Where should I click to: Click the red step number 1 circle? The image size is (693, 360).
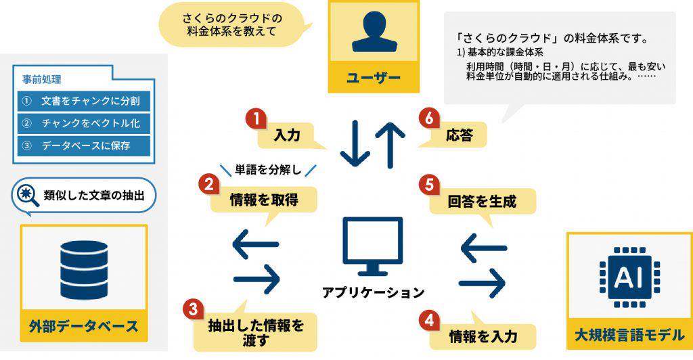(256, 119)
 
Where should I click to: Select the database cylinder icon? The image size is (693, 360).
(84, 269)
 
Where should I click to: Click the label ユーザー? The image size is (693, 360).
(374, 78)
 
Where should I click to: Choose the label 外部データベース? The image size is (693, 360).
(84, 326)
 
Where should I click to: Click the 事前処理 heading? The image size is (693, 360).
(42, 79)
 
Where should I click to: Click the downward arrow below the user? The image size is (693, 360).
(355, 143)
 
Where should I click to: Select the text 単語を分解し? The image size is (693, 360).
(267, 168)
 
